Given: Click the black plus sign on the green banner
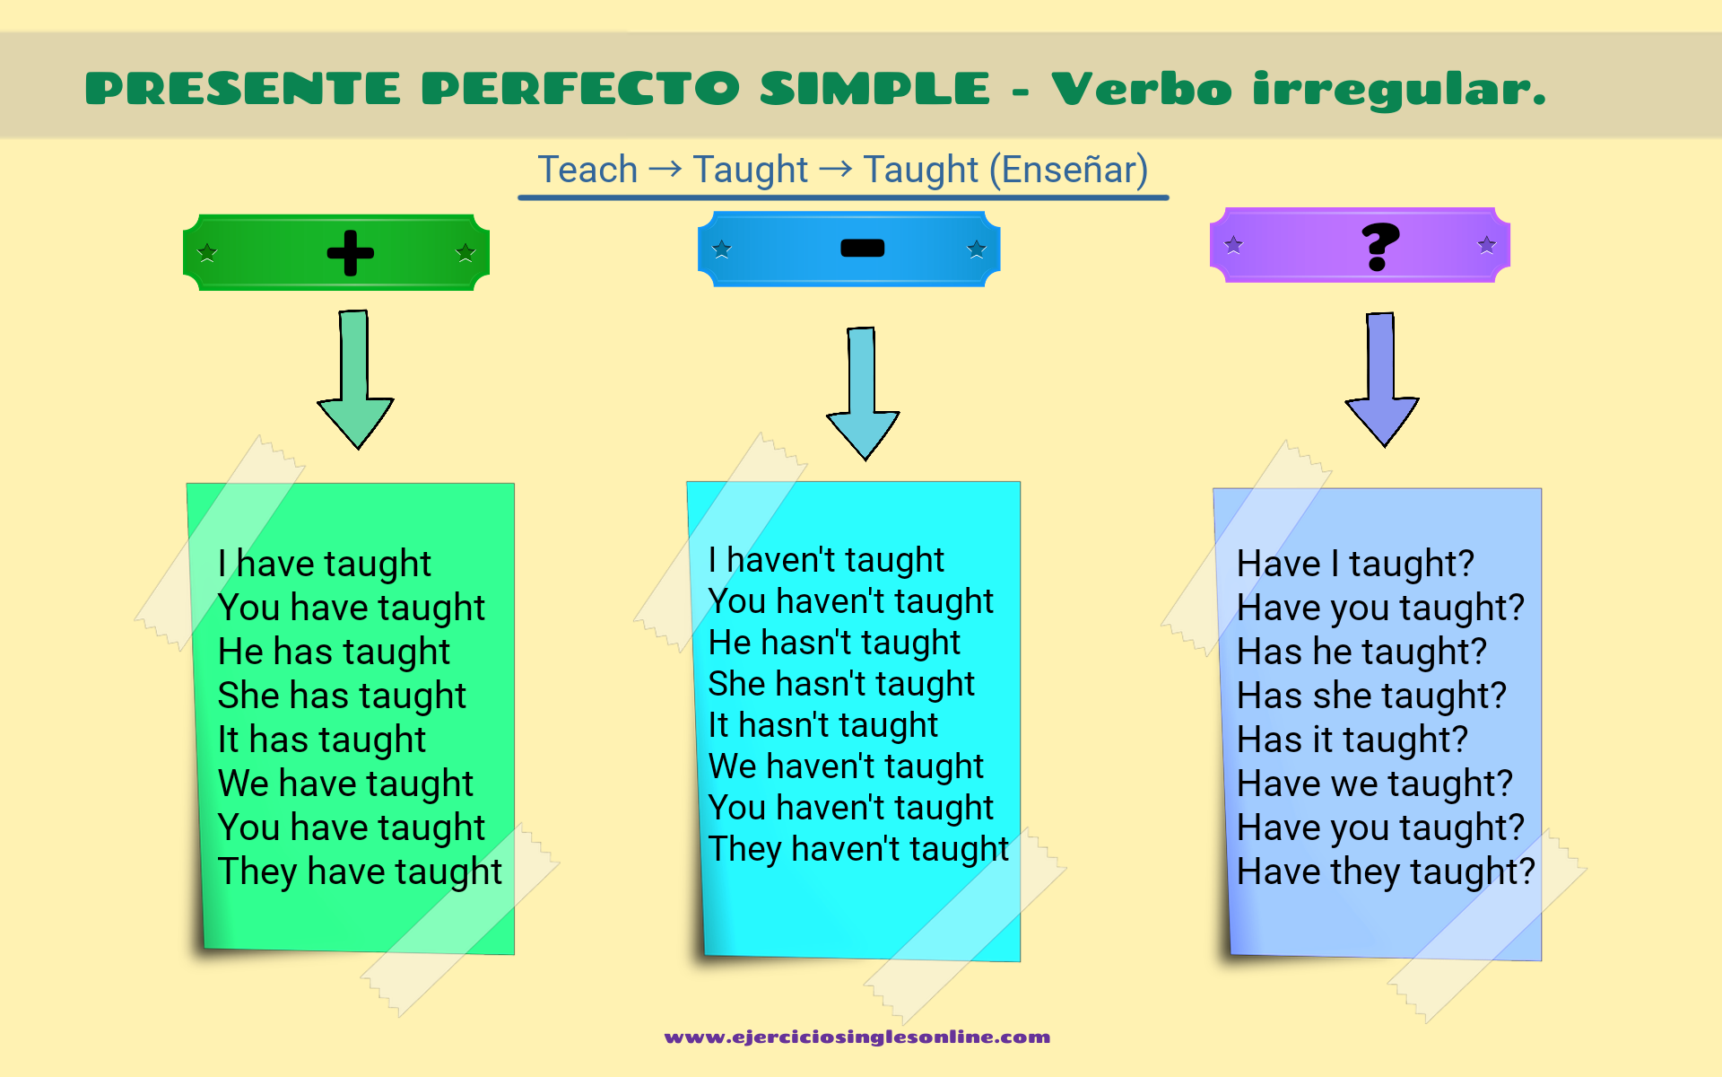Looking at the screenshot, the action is pyautogui.click(x=350, y=253).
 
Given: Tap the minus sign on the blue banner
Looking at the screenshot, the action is pyautogui.click(x=863, y=248).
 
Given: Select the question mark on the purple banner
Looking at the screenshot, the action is pyautogui.click(x=1379, y=247).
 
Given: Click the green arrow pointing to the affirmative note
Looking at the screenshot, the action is pyautogui.click(x=355, y=379).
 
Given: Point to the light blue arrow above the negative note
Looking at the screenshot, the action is pyautogui.click(x=863, y=393).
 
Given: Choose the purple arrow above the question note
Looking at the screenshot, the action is pyautogui.click(x=1382, y=379).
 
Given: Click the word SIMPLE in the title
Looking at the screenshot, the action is pyautogui.click(x=875, y=89).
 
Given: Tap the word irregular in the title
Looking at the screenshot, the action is pyautogui.click(x=1399, y=90).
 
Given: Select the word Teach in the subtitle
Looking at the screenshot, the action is pyautogui.click(x=587, y=170).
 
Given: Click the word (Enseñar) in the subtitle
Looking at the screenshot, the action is pyautogui.click(x=1068, y=170).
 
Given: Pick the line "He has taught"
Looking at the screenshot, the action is pyautogui.click(x=334, y=652).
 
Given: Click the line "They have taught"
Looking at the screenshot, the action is pyautogui.click(x=360, y=871).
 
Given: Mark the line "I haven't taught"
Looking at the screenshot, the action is pyautogui.click(x=826, y=560).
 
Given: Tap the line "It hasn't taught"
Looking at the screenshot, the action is pyautogui.click(x=823, y=725).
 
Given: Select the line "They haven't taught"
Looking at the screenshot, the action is pyautogui.click(x=858, y=849).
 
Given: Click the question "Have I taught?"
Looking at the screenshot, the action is pyautogui.click(x=1355, y=564).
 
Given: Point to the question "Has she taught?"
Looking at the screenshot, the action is pyautogui.click(x=1371, y=696).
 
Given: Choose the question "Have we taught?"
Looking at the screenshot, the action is pyautogui.click(x=1375, y=784).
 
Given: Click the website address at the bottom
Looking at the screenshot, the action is pyautogui.click(x=857, y=1038).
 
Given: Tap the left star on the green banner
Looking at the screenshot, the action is pyautogui.click(x=207, y=252).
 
